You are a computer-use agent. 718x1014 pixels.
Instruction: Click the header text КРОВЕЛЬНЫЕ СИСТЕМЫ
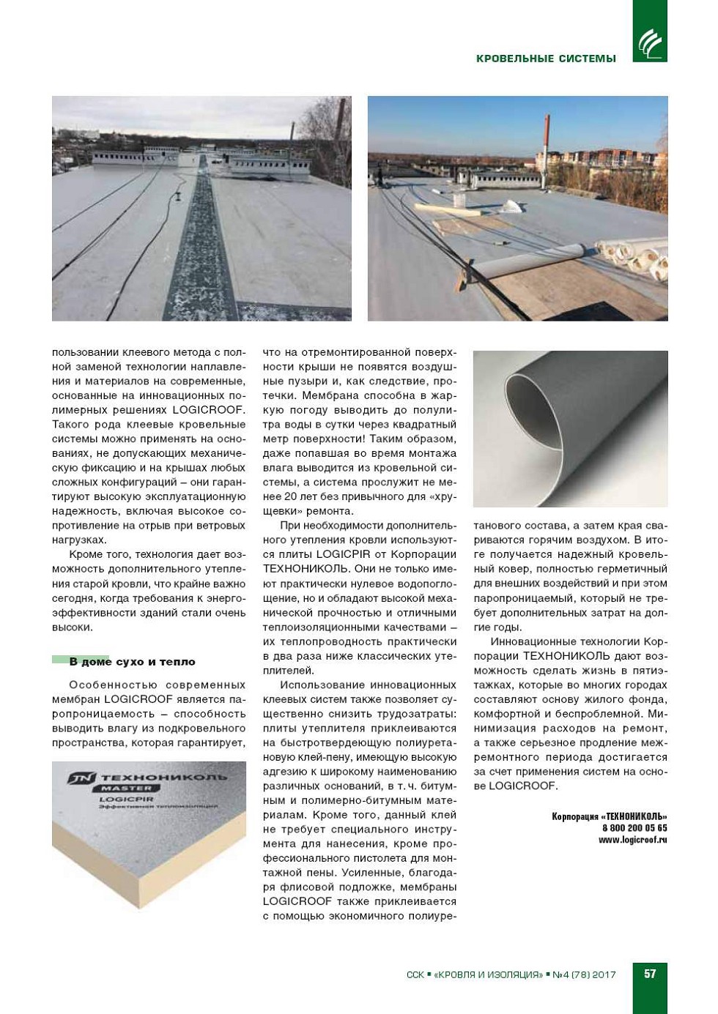[546, 59]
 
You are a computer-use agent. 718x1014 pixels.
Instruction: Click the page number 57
[650, 974]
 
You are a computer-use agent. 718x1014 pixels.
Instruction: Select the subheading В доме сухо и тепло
[132, 662]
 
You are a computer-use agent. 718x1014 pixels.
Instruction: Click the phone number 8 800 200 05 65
[634, 828]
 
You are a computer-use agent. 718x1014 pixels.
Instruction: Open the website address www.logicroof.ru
[632, 840]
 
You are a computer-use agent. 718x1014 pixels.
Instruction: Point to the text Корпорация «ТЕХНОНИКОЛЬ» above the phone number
[610, 816]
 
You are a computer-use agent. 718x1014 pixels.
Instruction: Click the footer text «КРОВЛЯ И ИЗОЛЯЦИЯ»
[488, 974]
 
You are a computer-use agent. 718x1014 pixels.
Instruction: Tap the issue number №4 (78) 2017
[584, 974]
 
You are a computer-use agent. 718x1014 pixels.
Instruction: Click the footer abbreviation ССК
[415, 974]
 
